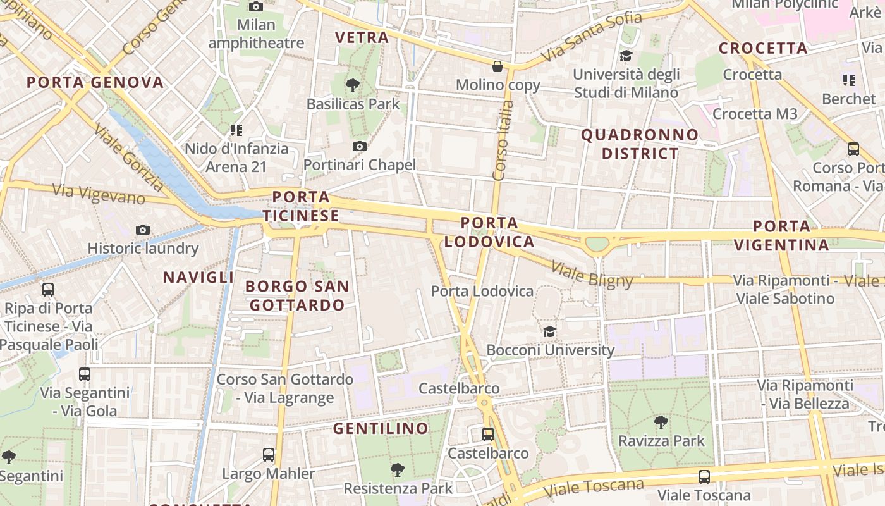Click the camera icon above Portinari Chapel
click(359, 147)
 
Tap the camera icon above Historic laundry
click(143, 230)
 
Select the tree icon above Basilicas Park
click(353, 85)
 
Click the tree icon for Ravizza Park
click(661, 422)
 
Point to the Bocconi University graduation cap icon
click(549, 331)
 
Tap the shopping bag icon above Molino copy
click(498, 66)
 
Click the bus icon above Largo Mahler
click(269, 455)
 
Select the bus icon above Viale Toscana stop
click(704, 476)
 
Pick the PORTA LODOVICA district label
click(489, 232)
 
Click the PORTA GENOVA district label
click(95, 82)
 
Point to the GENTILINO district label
click(381, 428)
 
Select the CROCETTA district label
click(763, 48)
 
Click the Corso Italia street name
click(501, 140)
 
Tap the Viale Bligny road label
click(592, 273)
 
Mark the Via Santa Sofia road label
click(592, 37)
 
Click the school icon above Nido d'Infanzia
click(236, 130)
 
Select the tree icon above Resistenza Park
click(398, 469)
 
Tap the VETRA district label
click(362, 37)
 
